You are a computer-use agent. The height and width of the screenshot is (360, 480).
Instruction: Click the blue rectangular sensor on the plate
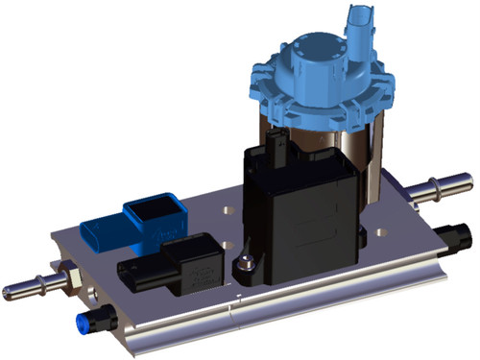tap(134, 224)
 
